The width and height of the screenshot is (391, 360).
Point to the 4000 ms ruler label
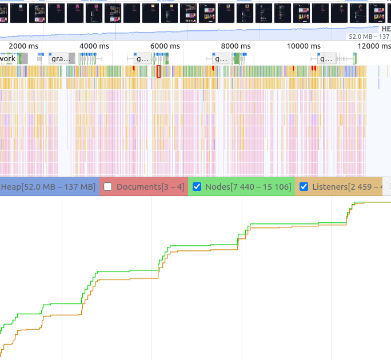[94, 46]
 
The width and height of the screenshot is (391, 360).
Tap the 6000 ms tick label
[165, 46]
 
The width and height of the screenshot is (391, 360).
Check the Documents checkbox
[107, 187]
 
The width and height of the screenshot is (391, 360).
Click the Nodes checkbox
[197, 187]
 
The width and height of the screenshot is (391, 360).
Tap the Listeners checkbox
[304, 187]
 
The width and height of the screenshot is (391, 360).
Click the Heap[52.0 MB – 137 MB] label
[48, 187]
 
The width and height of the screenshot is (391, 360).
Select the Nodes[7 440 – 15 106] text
[248, 187]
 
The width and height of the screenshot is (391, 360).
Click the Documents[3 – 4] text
[150, 187]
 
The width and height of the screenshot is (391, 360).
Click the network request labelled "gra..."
[61, 58]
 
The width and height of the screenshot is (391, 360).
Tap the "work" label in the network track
[9, 58]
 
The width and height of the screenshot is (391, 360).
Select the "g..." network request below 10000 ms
[326, 58]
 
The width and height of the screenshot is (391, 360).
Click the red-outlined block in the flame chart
[159, 71]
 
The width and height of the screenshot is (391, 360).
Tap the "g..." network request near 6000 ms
[142, 58]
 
